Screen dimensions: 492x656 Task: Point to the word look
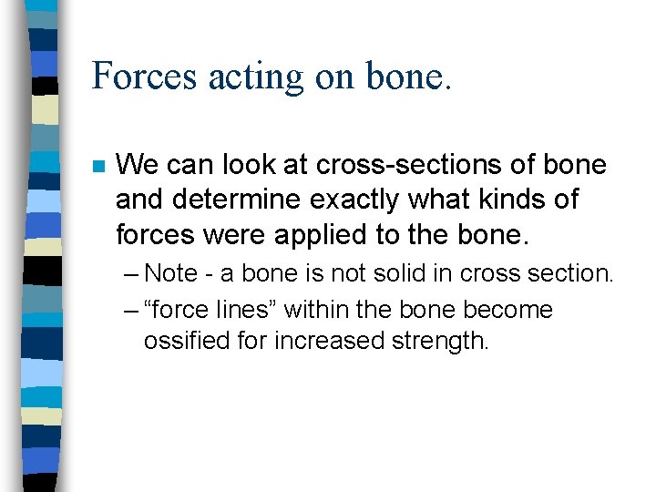(x=241, y=165)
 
